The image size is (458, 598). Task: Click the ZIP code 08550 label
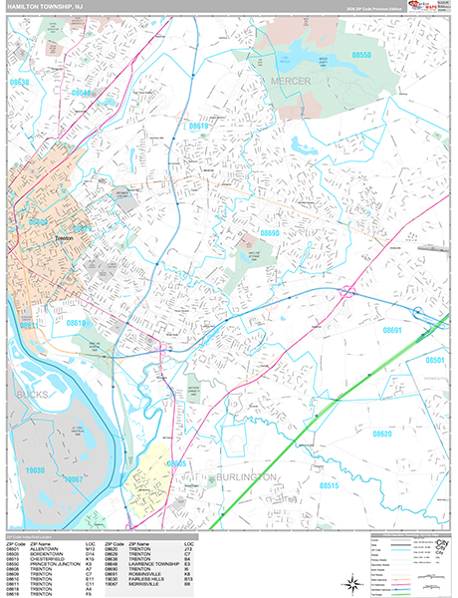(x=361, y=56)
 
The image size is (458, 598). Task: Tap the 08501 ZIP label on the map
(x=437, y=360)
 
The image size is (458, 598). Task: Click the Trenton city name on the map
(x=65, y=238)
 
